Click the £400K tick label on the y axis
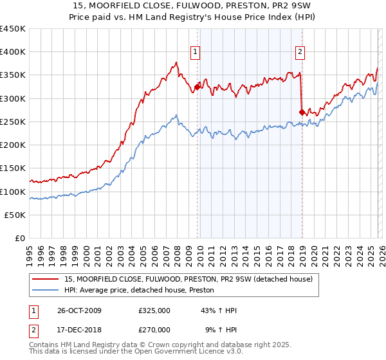(x=13, y=52)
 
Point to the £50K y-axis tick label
(x=15, y=215)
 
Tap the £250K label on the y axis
(x=13, y=122)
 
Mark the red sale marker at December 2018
(x=302, y=112)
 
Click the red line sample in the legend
(x=46, y=280)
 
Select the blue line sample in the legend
(x=46, y=291)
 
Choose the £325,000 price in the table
(x=154, y=310)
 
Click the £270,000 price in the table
(x=154, y=329)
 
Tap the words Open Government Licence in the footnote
(x=179, y=353)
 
